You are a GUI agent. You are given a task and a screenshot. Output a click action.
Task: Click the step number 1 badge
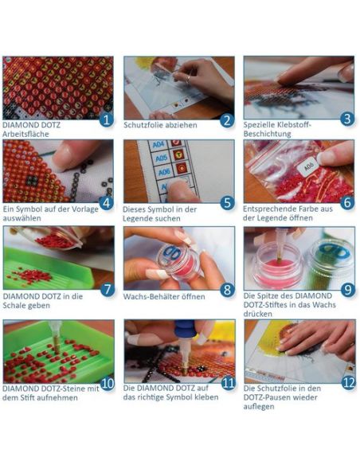pos(107,119)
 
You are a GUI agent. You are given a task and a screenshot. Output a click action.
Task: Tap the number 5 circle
pos(227,203)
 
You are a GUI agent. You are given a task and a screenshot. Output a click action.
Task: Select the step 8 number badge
pos(227,290)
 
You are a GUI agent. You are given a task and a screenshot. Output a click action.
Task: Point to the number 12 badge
pos(348,382)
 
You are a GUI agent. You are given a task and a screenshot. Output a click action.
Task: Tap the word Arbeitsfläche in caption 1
pos(25,134)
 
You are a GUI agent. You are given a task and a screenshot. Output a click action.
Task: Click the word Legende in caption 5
pos(139,218)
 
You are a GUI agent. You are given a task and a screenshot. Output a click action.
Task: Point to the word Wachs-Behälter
pos(150,296)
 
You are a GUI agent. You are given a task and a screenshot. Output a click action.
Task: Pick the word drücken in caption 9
pos(257,314)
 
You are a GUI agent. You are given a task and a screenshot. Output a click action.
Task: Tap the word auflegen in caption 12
pos(259,407)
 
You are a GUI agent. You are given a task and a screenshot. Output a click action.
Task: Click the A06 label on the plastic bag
pos(309,169)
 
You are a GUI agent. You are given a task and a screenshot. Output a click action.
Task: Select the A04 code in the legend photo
pos(158,145)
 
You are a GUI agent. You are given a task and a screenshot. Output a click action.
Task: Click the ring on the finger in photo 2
pos(188,79)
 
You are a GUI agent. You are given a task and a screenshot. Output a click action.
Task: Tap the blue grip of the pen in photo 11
pos(186,329)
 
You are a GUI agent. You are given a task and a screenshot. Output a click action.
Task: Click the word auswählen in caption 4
pos(22,218)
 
